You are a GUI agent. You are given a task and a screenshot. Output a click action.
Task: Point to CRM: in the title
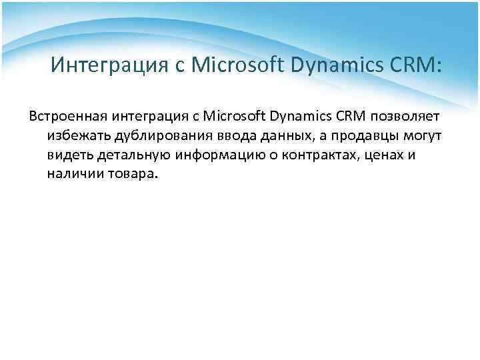(417, 66)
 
